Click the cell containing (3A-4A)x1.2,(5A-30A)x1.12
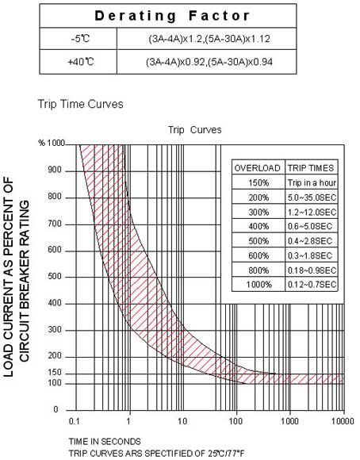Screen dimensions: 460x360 pyautogui.click(x=209, y=37)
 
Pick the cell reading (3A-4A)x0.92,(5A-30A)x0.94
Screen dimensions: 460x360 pyautogui.click(x=209, y=60)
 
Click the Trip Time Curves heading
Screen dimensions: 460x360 pyautogui.click(x=80, y=105)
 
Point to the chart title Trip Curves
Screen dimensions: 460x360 pyautogui.click(x=194, y=130)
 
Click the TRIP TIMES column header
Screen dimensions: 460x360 pyautogui.click(x=312, y=168)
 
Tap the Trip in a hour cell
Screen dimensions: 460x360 pyautogui.click(x=312, y=182)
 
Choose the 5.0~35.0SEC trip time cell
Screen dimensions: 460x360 pyautogui.click(x=312, y=197)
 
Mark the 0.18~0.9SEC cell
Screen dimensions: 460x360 pyautogui.click(x=312, y=270)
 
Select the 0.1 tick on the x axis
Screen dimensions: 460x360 pyautogui.click(x=75, y=419)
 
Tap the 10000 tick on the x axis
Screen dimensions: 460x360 pyautogui.click(x=343, y=419)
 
